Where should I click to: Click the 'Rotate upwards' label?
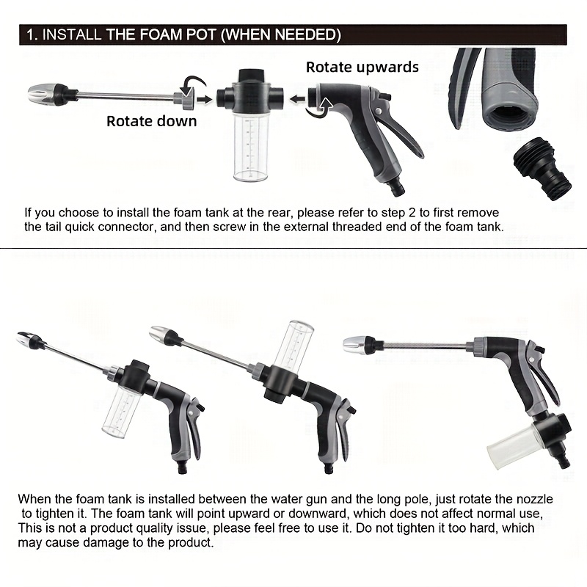tap(362, 68)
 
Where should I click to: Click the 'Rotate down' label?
tap(152, 121)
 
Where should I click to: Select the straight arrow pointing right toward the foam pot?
tap(204, 99)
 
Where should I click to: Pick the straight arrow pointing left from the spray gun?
tap(298, 100)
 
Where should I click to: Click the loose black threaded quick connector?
tap(542, 172)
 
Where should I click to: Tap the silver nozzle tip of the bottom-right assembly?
tap(354, 344)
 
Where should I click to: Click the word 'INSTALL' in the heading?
tap(71, 34)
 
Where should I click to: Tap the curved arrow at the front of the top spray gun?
tap(320, 109)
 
